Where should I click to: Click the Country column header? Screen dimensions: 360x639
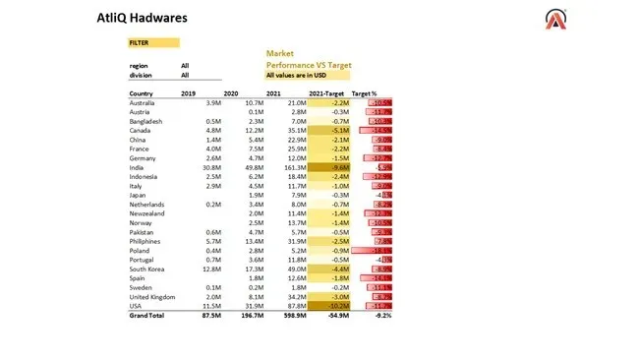pyautogui.click(x=142, y=92)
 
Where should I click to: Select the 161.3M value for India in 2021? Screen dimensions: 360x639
pyautogui.click(x=292, y=167)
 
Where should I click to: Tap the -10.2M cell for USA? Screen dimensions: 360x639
pyautogui.click(x=336, y=307)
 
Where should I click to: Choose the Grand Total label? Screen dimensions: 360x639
pyautogui.click(x=146, y=316)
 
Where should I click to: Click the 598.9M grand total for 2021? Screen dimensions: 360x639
pyautogui.click(x=291, y=316)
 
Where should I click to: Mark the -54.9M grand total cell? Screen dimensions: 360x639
pyautogui.click(x=336, y=316)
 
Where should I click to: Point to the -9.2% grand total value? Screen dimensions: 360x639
pyautogui.click(x=382, y=316)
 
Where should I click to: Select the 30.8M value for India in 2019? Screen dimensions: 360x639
pyautogui.click(x=207, y=167)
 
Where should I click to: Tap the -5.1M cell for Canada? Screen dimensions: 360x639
pyautogui.click(x=338, y=130)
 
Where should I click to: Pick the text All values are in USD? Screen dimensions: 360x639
pyautogui.click(x=297, y=75)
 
